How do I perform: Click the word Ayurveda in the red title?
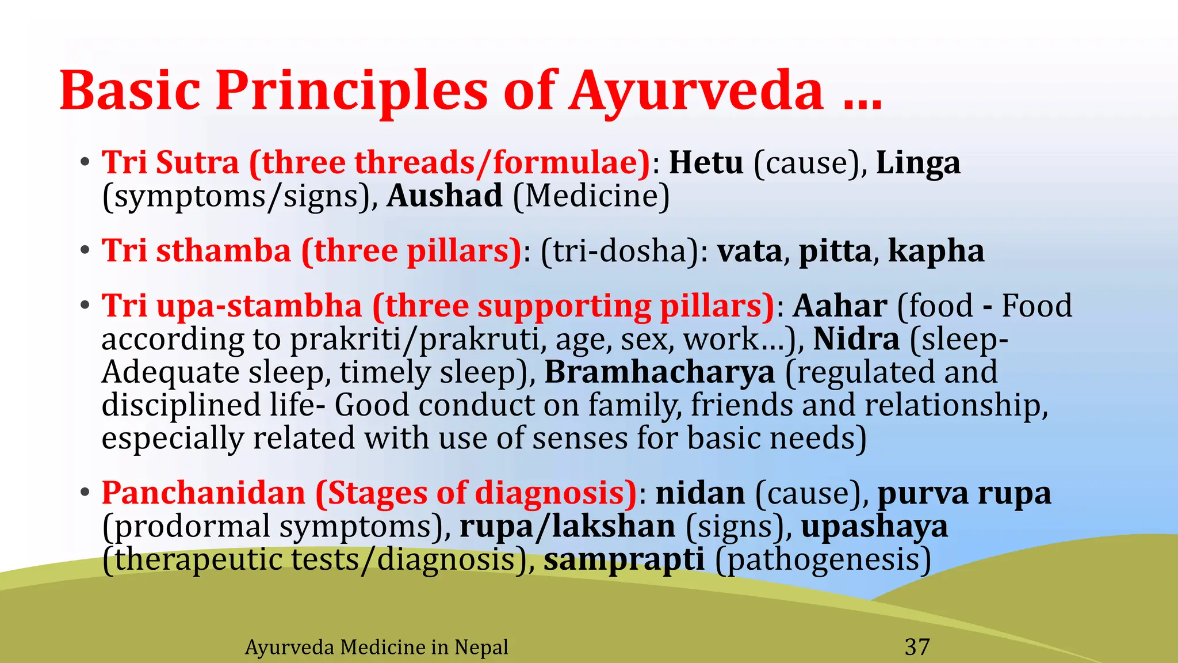(x=696, y=91)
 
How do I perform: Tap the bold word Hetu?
(x=706, y=163)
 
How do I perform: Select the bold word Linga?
(x=918, y=163)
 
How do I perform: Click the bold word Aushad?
(x=445, y=196)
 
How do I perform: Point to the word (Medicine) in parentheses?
(x=591, y=196)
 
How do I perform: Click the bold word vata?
(x=749, y=252)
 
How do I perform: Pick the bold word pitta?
(x=835, y=252)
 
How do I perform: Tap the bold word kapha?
(x=936, y=252)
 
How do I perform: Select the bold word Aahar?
(x=840, y=306)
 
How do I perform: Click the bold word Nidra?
(x=856, y=339)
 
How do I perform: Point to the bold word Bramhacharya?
(x=660, y=372)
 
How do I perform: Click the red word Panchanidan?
(x=204, y=493)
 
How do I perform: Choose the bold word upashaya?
(x=874, y=527)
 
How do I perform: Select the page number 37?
(x=917, y=647)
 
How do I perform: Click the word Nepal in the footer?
(x=481, y=647)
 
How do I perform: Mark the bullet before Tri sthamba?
(x=85, y=252)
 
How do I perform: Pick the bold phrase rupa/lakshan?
(x=567, y=527)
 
